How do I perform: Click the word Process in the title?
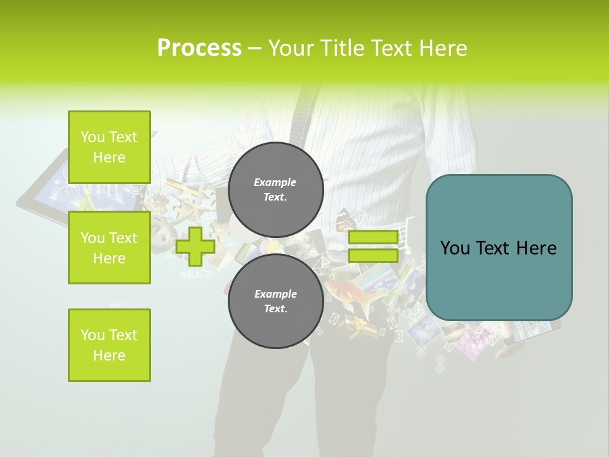pos(199,48)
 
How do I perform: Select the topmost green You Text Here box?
pos(109,147)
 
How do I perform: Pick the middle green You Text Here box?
pos(109,248)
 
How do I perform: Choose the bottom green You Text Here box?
pos(109,345)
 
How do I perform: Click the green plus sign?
pos(195,247)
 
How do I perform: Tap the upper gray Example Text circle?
pos(275,189)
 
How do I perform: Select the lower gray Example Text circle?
pos(275,301)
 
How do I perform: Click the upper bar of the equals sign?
pos(373,237)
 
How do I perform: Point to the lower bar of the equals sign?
pos(373,256)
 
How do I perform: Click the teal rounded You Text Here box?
pos(499,248)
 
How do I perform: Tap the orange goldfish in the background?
pos(346,293)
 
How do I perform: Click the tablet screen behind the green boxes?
pos(48,184)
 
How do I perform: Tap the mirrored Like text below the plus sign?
pos(196,275)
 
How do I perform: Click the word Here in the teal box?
pos(536,248)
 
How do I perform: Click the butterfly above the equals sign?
pos(346,219)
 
